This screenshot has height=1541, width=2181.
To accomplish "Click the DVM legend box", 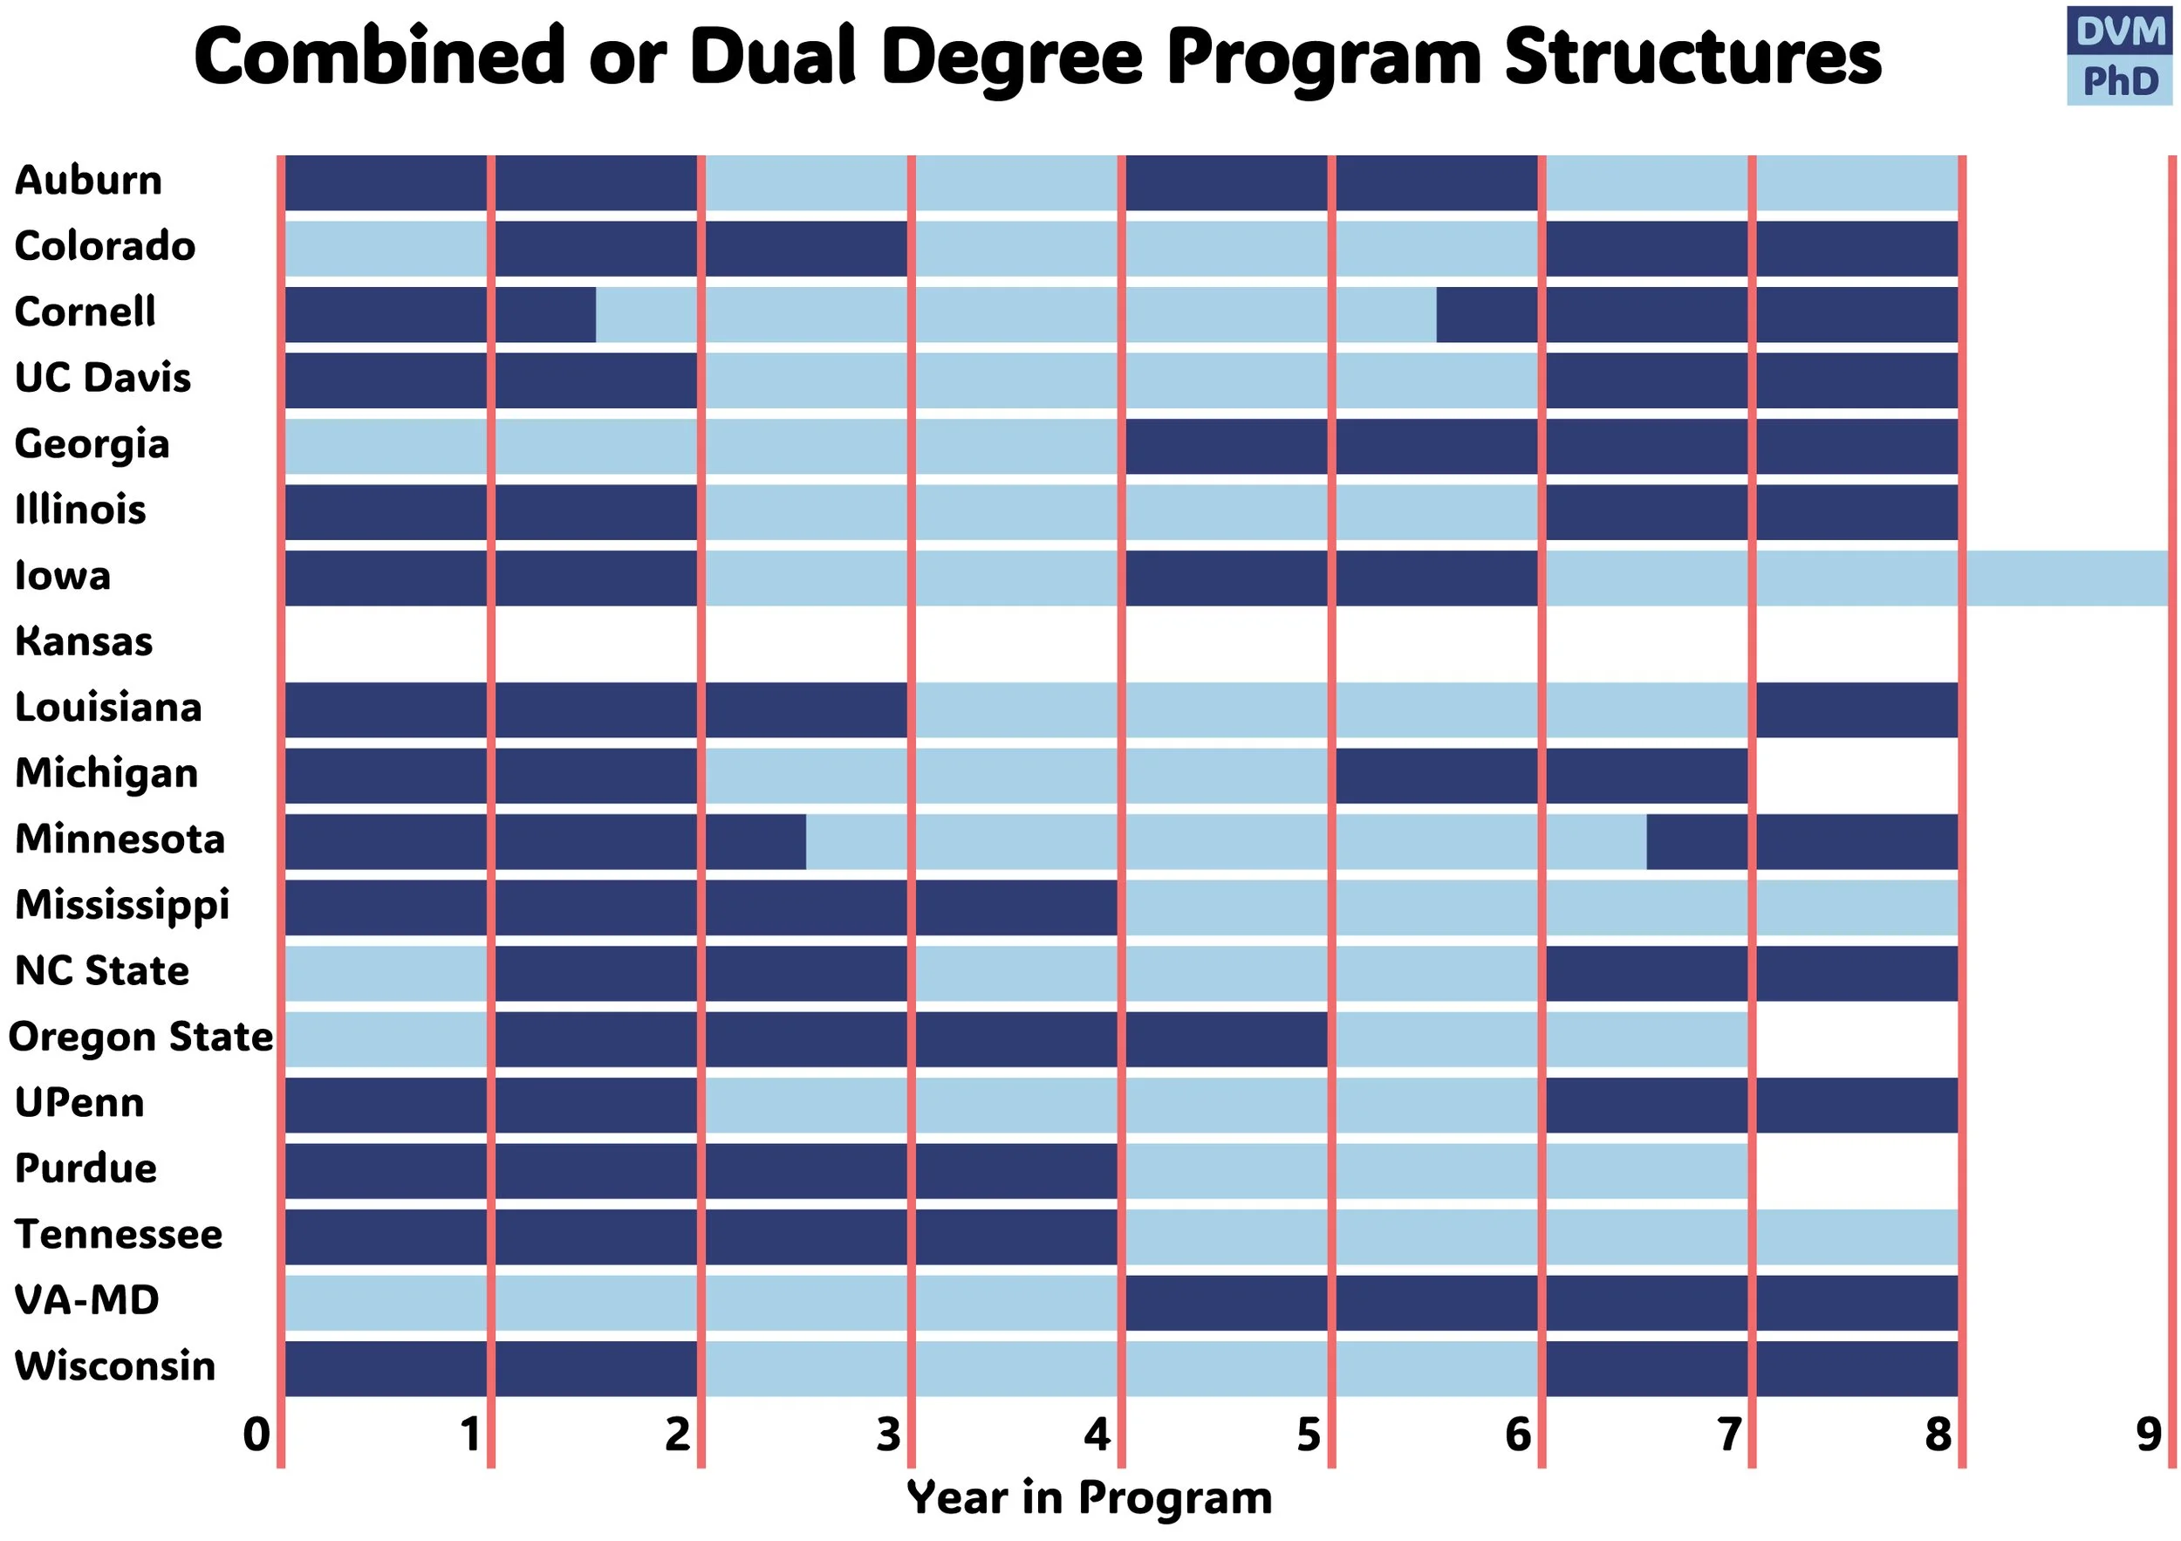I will pos(2119,31).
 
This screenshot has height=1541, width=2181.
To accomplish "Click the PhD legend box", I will pos(2119,82).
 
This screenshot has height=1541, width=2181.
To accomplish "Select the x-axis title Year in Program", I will pos(1090,1498).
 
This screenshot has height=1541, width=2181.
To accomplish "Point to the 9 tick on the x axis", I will pos(2149,1434).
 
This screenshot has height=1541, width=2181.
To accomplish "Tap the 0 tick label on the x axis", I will pos(256,1434).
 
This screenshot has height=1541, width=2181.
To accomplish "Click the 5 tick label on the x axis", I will pos(1308,1434).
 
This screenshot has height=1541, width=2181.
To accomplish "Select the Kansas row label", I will pos(84,641).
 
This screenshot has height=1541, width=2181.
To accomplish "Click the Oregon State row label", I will pos(140,1037).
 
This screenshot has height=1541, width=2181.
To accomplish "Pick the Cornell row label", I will pos(85,312).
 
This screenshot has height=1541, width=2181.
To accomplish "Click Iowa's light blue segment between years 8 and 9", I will pos(2067,578).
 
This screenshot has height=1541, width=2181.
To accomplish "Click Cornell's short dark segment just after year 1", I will pos(545,314).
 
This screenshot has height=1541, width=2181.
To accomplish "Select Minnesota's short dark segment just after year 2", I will pos(755,841).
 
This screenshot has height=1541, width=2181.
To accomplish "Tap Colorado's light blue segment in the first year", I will pos(386,249).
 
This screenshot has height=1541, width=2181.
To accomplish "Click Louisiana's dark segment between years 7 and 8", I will pos(1856,709).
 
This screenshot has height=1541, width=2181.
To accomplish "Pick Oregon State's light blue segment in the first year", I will pos(386,1038).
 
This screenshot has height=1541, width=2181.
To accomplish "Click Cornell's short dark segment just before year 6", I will pos(1487,314).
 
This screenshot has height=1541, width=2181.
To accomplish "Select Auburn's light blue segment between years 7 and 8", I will pos(1856,182).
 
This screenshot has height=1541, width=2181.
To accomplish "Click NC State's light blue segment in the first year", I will pos(386,973).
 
